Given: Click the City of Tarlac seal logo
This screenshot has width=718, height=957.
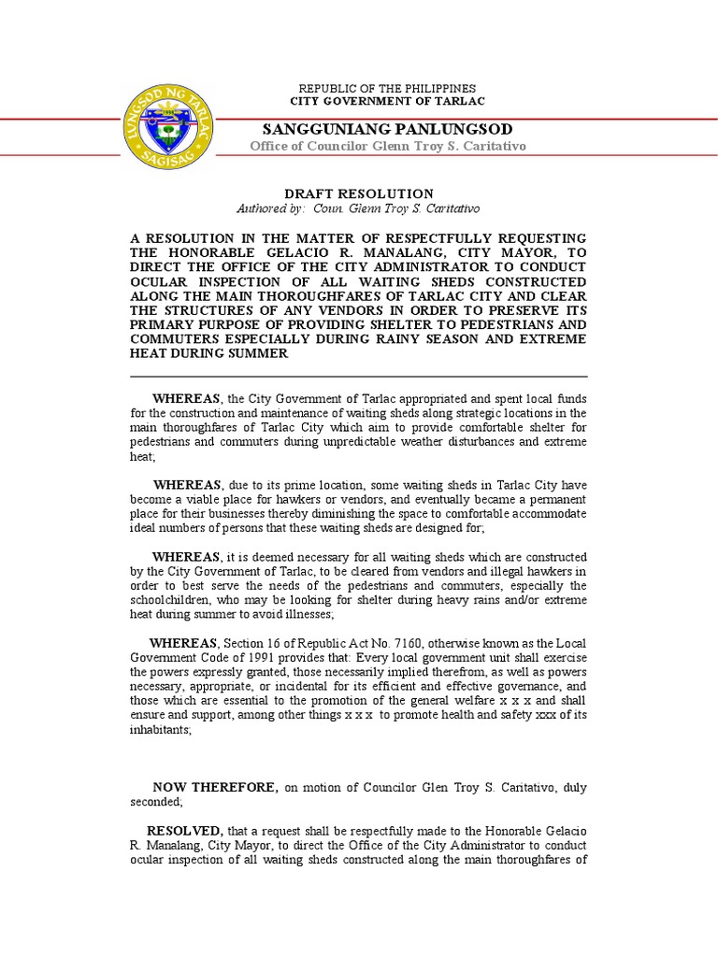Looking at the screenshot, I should [x=168, y=125].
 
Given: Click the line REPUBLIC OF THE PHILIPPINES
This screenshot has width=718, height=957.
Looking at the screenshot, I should [x=387, y=88].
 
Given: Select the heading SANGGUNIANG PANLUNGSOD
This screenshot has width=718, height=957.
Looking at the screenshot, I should [x=387, y=128].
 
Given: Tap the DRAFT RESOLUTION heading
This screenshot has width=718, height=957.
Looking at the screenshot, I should [x=359, y=193].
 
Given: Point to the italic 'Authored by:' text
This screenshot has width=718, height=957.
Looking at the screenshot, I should [x=270, y=208].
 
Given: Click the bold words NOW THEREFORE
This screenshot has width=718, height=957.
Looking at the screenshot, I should [x=214, y=787].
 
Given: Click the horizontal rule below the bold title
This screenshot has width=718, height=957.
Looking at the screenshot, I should [x=359, y=376].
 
